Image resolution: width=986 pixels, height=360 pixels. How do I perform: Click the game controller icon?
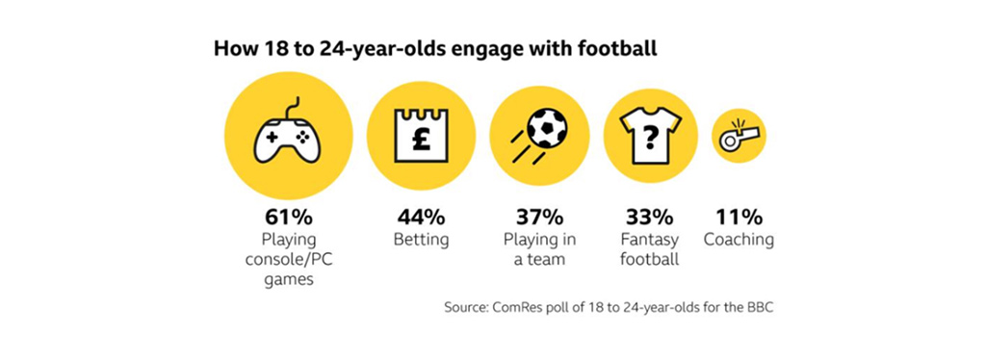(x=286, y=141)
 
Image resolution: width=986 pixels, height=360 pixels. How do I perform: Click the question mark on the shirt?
(x=650, y=140)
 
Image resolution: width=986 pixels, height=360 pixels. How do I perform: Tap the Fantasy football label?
(x=650, y=248)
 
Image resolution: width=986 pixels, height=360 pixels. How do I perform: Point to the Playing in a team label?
(x=536, y=248)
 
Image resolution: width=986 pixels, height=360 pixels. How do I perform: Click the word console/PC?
(x=286, y=259)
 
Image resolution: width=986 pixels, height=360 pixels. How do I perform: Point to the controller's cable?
(x=293, y=105)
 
